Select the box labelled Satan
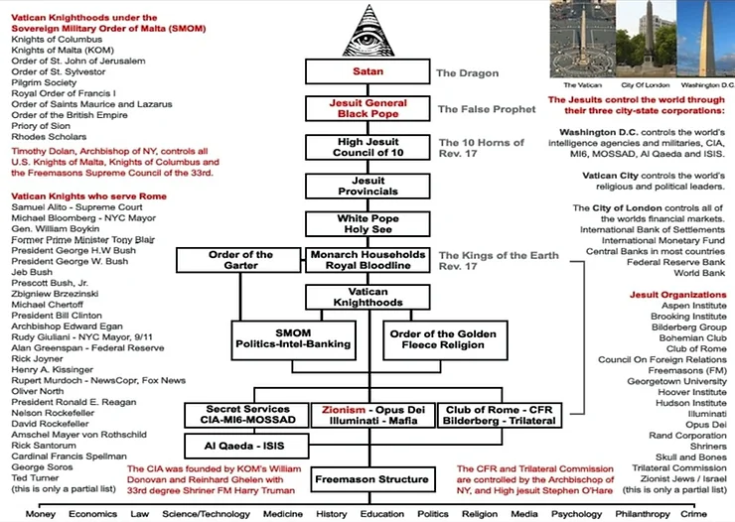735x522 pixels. tap(368, 73)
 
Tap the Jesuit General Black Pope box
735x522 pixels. tap(368, 109)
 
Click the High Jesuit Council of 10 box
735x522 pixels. tap(368, 148)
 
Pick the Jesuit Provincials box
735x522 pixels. tap(368, 187)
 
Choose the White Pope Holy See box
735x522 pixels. tap(368, 223)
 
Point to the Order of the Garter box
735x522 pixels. tap(240, 260)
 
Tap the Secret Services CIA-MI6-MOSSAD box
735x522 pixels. tap(241, 414)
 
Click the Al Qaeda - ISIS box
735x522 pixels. tap(241, 446)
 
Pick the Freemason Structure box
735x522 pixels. tap(368, 480)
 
